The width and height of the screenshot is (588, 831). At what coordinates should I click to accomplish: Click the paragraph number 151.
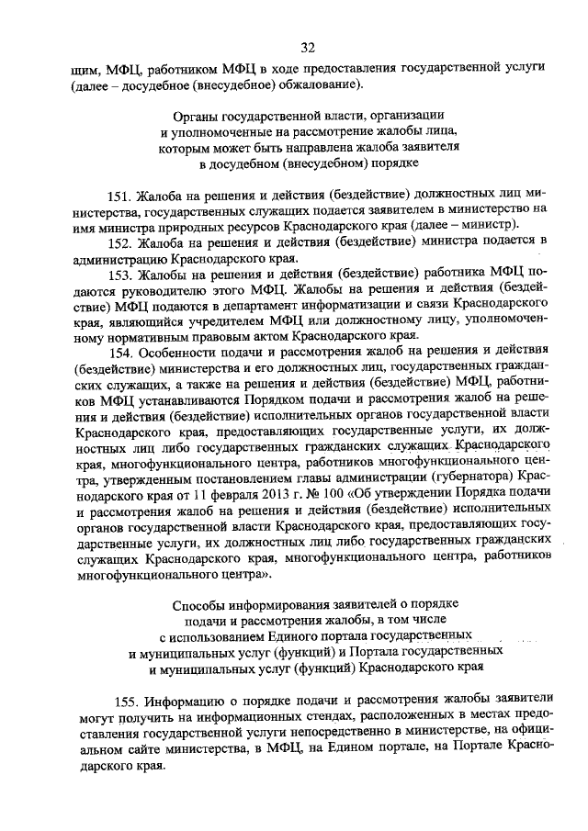(x=120, y=197)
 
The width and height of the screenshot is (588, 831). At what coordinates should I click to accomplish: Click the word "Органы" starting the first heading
(x=196, y=117)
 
